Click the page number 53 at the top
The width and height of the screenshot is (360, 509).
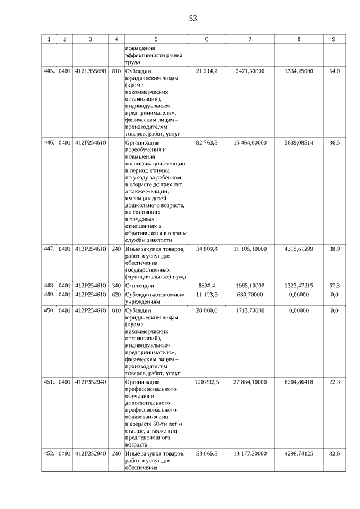[x=193, y=18]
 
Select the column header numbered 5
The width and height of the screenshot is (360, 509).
[x=156, y=39]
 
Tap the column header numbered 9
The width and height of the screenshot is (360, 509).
[x=334, y=39]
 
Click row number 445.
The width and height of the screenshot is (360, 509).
[x=49, y=71]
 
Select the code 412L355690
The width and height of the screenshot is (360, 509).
[x=91, y=71]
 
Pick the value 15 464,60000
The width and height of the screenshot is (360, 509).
[x=250, y=143]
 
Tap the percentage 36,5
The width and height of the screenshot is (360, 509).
[x=334, y=143]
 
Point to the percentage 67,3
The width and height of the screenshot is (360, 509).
[x=334, y=286]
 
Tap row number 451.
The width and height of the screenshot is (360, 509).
[x=49, y=382]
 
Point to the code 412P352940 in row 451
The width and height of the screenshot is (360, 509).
[x=91, y=382]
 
